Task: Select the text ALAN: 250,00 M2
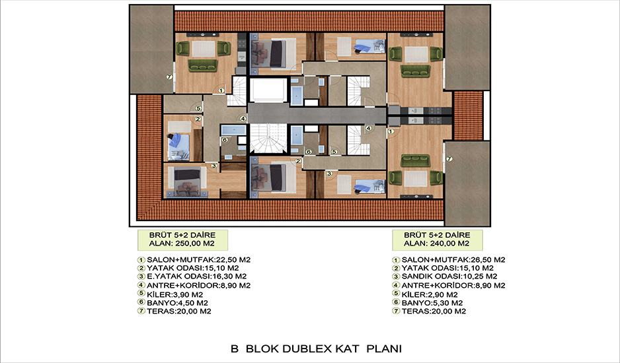coord(182,244)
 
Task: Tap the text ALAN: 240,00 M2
coord(436,244)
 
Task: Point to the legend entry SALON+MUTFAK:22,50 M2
coord(198,260)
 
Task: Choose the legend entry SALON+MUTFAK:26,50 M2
coord(453,260)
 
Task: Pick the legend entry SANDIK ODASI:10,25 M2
coord(449,277)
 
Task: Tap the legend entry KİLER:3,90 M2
coord(174,294)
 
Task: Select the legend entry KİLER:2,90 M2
coord(430,294)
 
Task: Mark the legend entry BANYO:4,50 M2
coord(178,303)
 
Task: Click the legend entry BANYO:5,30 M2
coord(432,303)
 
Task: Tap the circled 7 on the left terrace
coord(169,77)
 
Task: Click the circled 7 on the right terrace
coord(449,159)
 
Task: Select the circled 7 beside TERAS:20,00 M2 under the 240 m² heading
coord(396,312)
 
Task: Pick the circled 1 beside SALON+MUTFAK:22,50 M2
coord(141,260)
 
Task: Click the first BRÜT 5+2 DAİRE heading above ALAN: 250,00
coord(182,235)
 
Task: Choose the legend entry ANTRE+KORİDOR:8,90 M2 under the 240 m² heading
coord(453,285)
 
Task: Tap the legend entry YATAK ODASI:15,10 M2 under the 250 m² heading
coord(192,268)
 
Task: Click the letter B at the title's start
coord(235,348)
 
